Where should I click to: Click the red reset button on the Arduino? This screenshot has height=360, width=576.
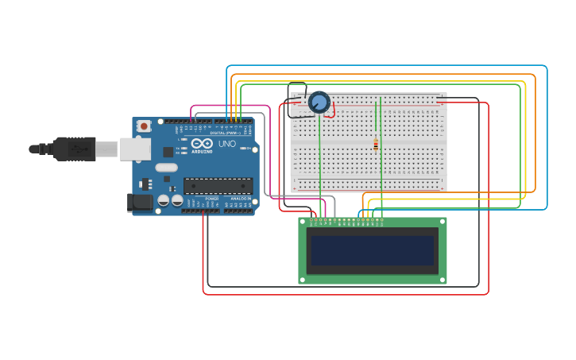coord(144,126)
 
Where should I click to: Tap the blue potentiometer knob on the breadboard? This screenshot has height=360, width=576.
coord(319,103)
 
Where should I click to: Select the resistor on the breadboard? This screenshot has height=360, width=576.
coord(376,145)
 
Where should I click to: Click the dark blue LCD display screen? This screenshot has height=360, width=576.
coord(372,250)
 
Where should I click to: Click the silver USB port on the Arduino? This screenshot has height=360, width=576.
coord(134,149)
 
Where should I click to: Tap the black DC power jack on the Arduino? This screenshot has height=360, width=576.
coord(141,203)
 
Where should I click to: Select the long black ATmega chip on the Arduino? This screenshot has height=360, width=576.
coord(218,186)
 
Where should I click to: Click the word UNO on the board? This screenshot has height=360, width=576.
coord(227,144)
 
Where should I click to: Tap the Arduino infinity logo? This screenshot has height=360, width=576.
coord(202,144)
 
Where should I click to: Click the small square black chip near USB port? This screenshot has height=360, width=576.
coord(168,152)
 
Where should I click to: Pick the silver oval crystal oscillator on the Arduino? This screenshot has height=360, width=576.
coord(166,168)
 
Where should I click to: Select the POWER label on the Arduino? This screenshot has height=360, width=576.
coord(211,199)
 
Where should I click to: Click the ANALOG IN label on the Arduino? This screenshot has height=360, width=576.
coord(240,199)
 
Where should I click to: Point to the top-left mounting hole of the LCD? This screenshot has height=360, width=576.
coord(303,223)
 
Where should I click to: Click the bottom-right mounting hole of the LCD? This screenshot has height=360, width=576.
coord(442,279)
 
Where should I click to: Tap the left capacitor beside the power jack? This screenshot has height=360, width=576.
coord(164,201)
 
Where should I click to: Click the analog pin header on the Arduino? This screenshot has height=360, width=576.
coord(239,211)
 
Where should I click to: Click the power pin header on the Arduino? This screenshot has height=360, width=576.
coord(200,211)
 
